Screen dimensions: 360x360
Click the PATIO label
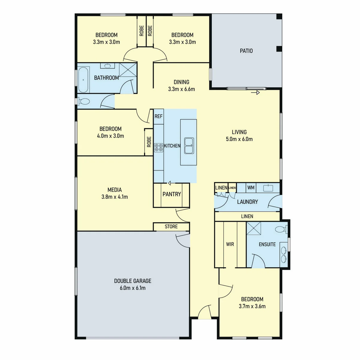click(246, 51)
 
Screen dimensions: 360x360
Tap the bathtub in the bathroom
click(83, 80)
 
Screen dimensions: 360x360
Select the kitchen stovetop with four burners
click(158, 148)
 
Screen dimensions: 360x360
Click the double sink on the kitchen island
click(189, 146)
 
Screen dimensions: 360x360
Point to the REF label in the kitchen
click(158, 116)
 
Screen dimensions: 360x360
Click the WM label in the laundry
click(251, 187)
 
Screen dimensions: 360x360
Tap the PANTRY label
click(172, 194)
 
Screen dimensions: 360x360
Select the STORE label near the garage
click(171, 226)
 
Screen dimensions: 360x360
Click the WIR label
click(230, 244)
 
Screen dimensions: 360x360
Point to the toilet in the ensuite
click(281, 229)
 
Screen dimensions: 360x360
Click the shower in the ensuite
click(254, 228)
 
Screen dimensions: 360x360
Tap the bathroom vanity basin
click(107, 66)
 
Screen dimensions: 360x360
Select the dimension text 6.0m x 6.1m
click(133, 288)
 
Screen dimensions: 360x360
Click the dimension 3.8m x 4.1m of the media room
click(115, 197)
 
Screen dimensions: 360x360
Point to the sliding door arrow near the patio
click(255, 92)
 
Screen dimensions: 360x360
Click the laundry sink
click(268, 188)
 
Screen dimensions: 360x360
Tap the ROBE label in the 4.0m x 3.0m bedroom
click(149, 142)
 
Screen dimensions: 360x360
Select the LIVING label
click(239, 132)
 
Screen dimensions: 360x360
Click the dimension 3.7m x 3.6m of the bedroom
click(252, 306)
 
